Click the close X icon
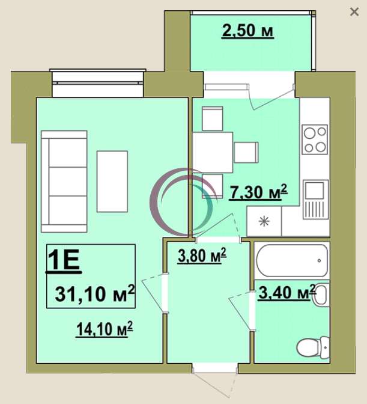[354, 12]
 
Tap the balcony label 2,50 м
[247, 31]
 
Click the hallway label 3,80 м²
[202, 256]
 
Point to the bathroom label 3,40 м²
[287, 292]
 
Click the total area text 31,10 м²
[95, 293]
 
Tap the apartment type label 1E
[64, 260]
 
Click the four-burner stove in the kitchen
[315, 139]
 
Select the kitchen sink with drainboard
[316, 200]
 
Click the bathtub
[292, 260]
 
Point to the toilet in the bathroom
[313, 347]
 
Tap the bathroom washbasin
[321, 295]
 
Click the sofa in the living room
[64, 182]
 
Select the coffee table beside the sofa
[112, 182]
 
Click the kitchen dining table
[213, 153]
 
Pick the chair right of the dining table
[246, 153]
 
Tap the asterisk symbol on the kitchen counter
[264, 221]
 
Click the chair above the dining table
[213, 119]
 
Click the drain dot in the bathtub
[319, 260]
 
